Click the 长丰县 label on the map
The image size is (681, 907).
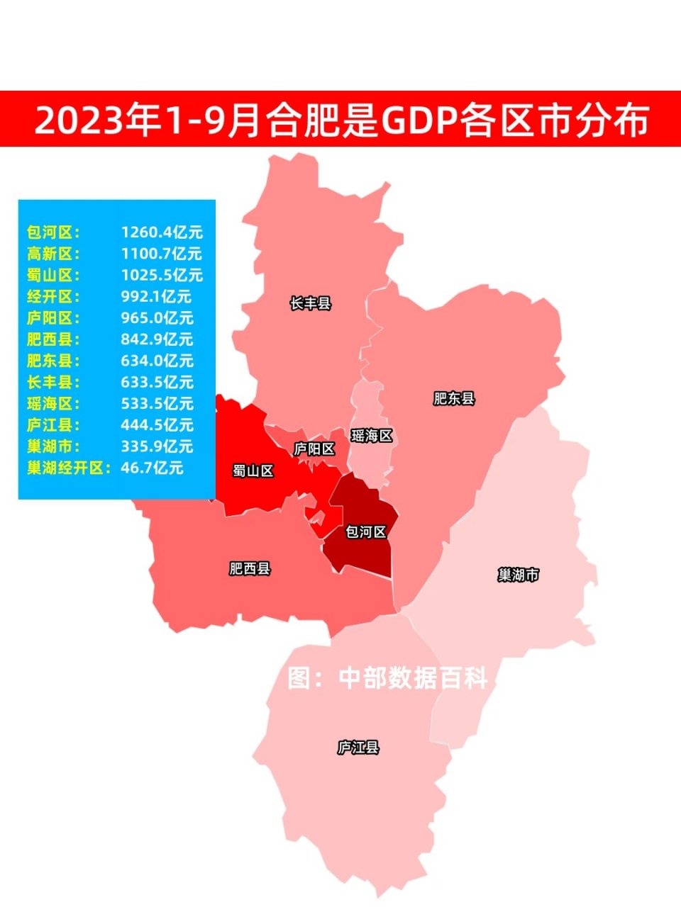(311, 304)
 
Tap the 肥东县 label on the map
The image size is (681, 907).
(454, 398)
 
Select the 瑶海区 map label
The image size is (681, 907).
(372, 436)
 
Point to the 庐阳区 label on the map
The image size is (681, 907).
(314, 449)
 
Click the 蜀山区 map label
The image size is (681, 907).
(253, 471)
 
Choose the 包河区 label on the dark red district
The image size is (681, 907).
(366, 531)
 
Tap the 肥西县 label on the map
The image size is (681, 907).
(250, 568)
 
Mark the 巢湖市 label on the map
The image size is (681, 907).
(519, 575)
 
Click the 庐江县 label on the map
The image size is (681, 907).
(358, 747)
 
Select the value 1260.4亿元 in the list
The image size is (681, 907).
(162, 232)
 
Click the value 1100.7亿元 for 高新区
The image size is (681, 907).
(162, 254)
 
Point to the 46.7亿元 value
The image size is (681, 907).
(152, 468)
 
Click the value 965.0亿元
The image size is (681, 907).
(157, 318)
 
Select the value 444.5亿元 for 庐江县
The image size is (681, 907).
(157, 425)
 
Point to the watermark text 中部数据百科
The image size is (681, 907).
(413, 678)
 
